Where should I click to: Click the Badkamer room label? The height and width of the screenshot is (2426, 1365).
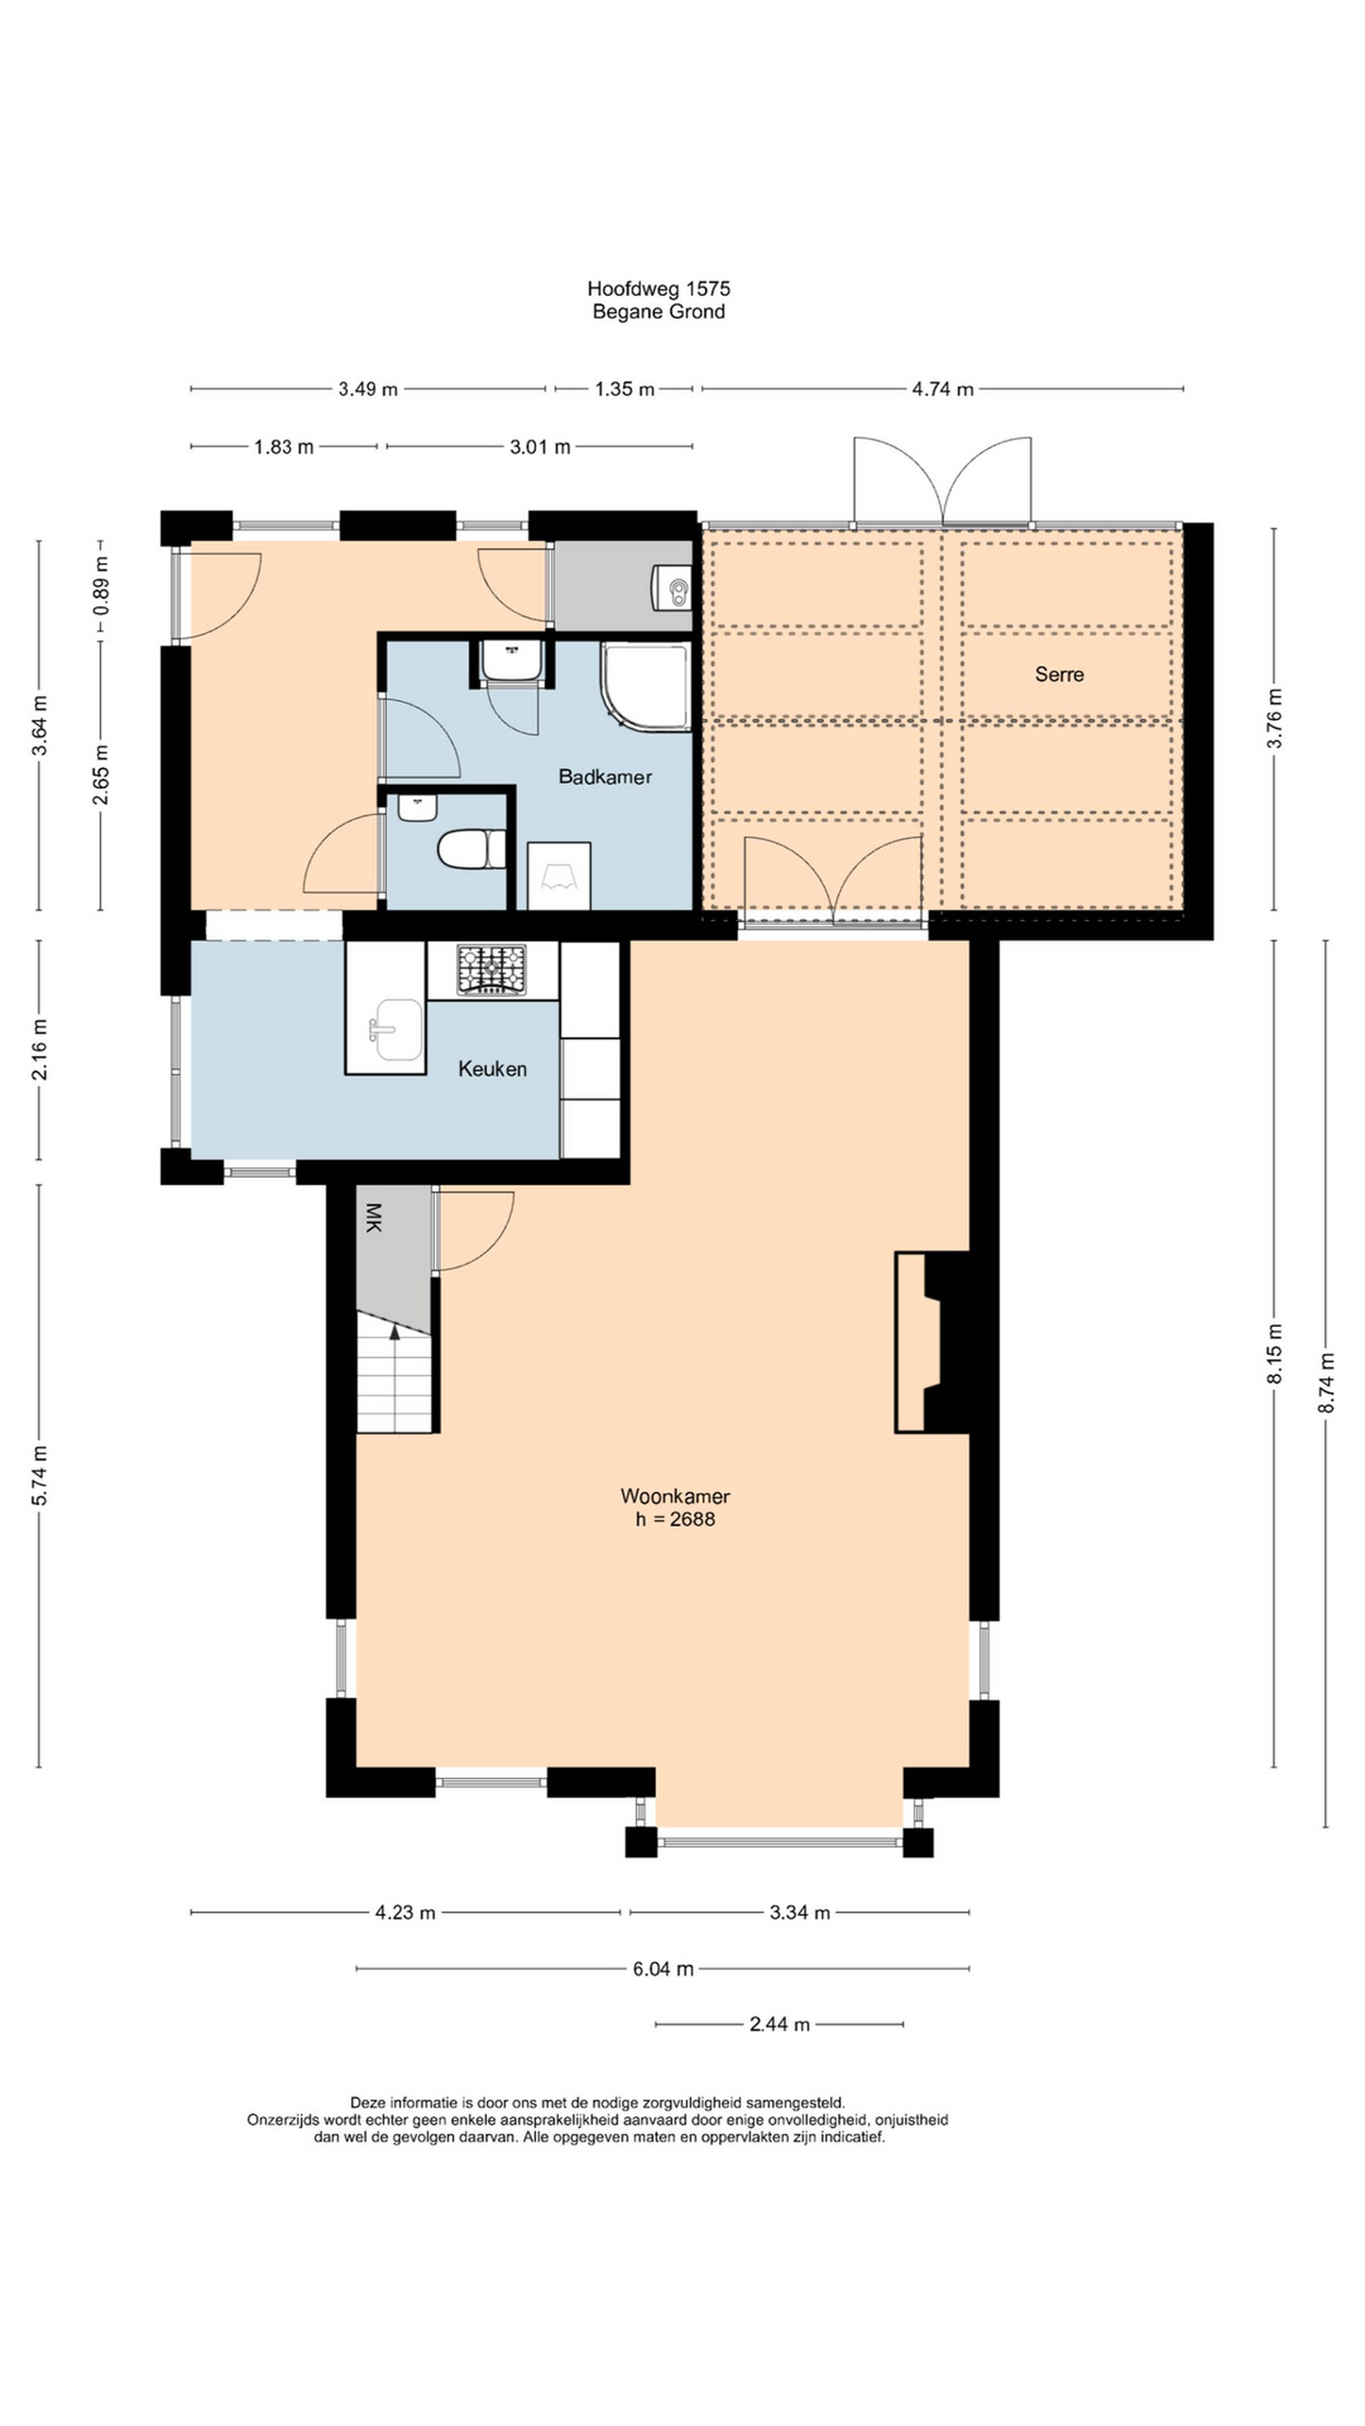[x=605, y=777]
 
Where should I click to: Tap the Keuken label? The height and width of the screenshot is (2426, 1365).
[x=492, y=1069]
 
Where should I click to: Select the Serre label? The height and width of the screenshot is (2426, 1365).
[x=1059, y=674]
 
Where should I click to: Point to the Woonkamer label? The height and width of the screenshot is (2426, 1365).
[x=674, y=1496]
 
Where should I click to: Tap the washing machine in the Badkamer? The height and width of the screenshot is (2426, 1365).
[x=559, y=876]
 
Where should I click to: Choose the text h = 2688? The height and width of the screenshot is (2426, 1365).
[x=674, y=1519]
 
